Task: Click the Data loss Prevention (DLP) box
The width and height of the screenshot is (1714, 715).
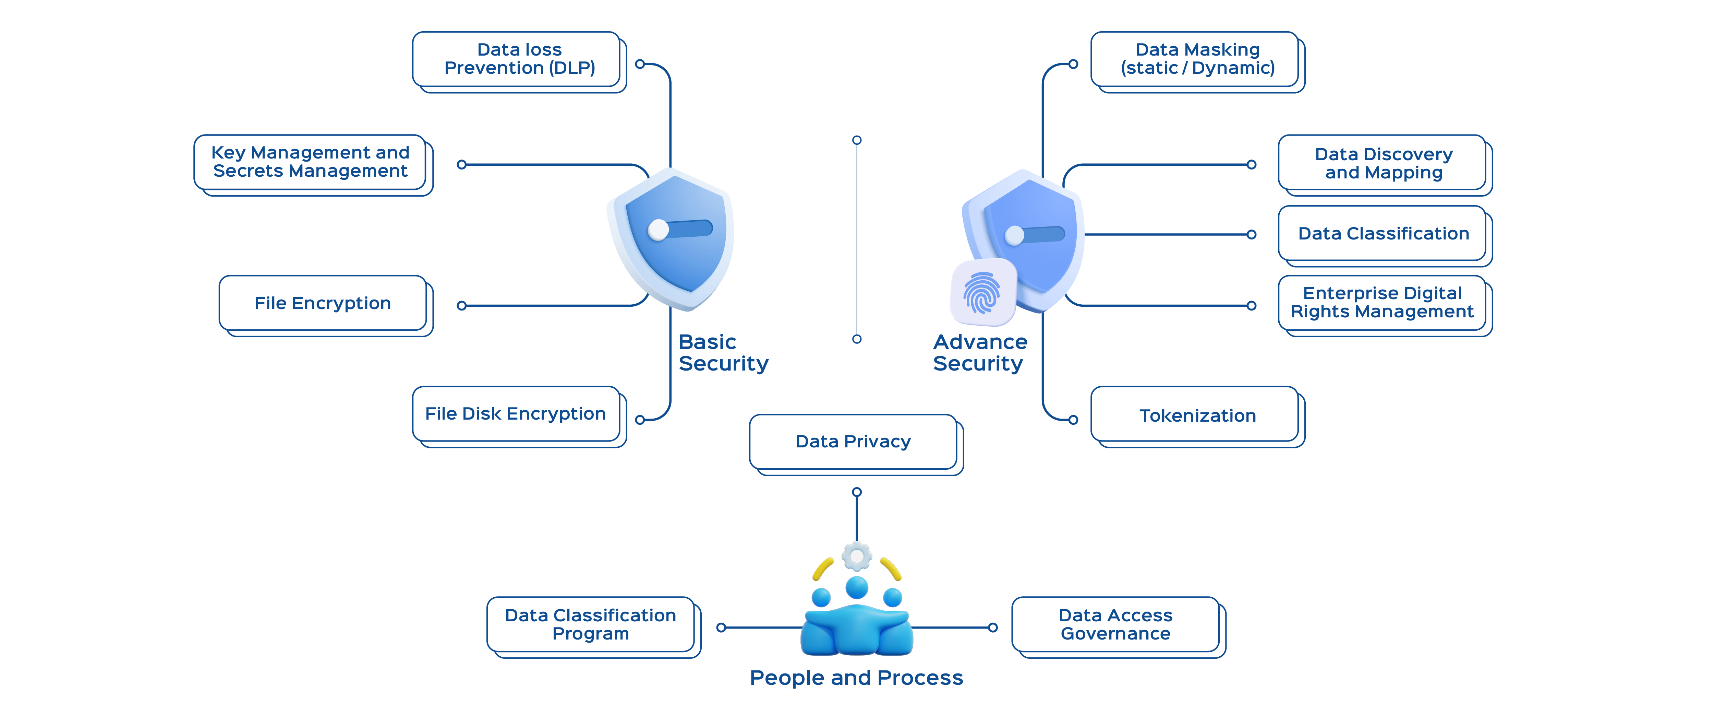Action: click(x=519, y=59)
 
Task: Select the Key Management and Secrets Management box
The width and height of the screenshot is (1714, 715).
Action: click(x=310, y=162)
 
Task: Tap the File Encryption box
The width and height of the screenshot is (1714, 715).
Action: click(x=323, y=303)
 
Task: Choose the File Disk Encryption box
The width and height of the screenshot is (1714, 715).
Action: click(x=516, y=413)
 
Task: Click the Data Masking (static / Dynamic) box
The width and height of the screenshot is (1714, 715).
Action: click(x=1197, y=59)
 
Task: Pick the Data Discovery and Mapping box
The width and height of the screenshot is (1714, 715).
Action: click(x=1383, y=163)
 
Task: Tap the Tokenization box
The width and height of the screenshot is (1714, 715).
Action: click(x=1197, y=415)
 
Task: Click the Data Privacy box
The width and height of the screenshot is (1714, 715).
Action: click(x=853, y=441)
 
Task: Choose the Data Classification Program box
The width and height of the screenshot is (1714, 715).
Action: click(x=590, y=624)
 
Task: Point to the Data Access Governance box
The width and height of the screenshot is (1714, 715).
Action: click(x=1115, y=624)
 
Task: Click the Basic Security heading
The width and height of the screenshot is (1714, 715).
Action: click(x=723, y=353)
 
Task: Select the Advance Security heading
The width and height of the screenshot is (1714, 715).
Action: click(x=979, y=353)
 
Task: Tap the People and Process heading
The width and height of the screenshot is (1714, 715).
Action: click(x=856, y=678)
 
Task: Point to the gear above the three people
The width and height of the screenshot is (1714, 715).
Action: click(x=856, y=556)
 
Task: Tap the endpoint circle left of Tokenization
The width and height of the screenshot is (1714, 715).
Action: click(x=1073, y=420)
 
